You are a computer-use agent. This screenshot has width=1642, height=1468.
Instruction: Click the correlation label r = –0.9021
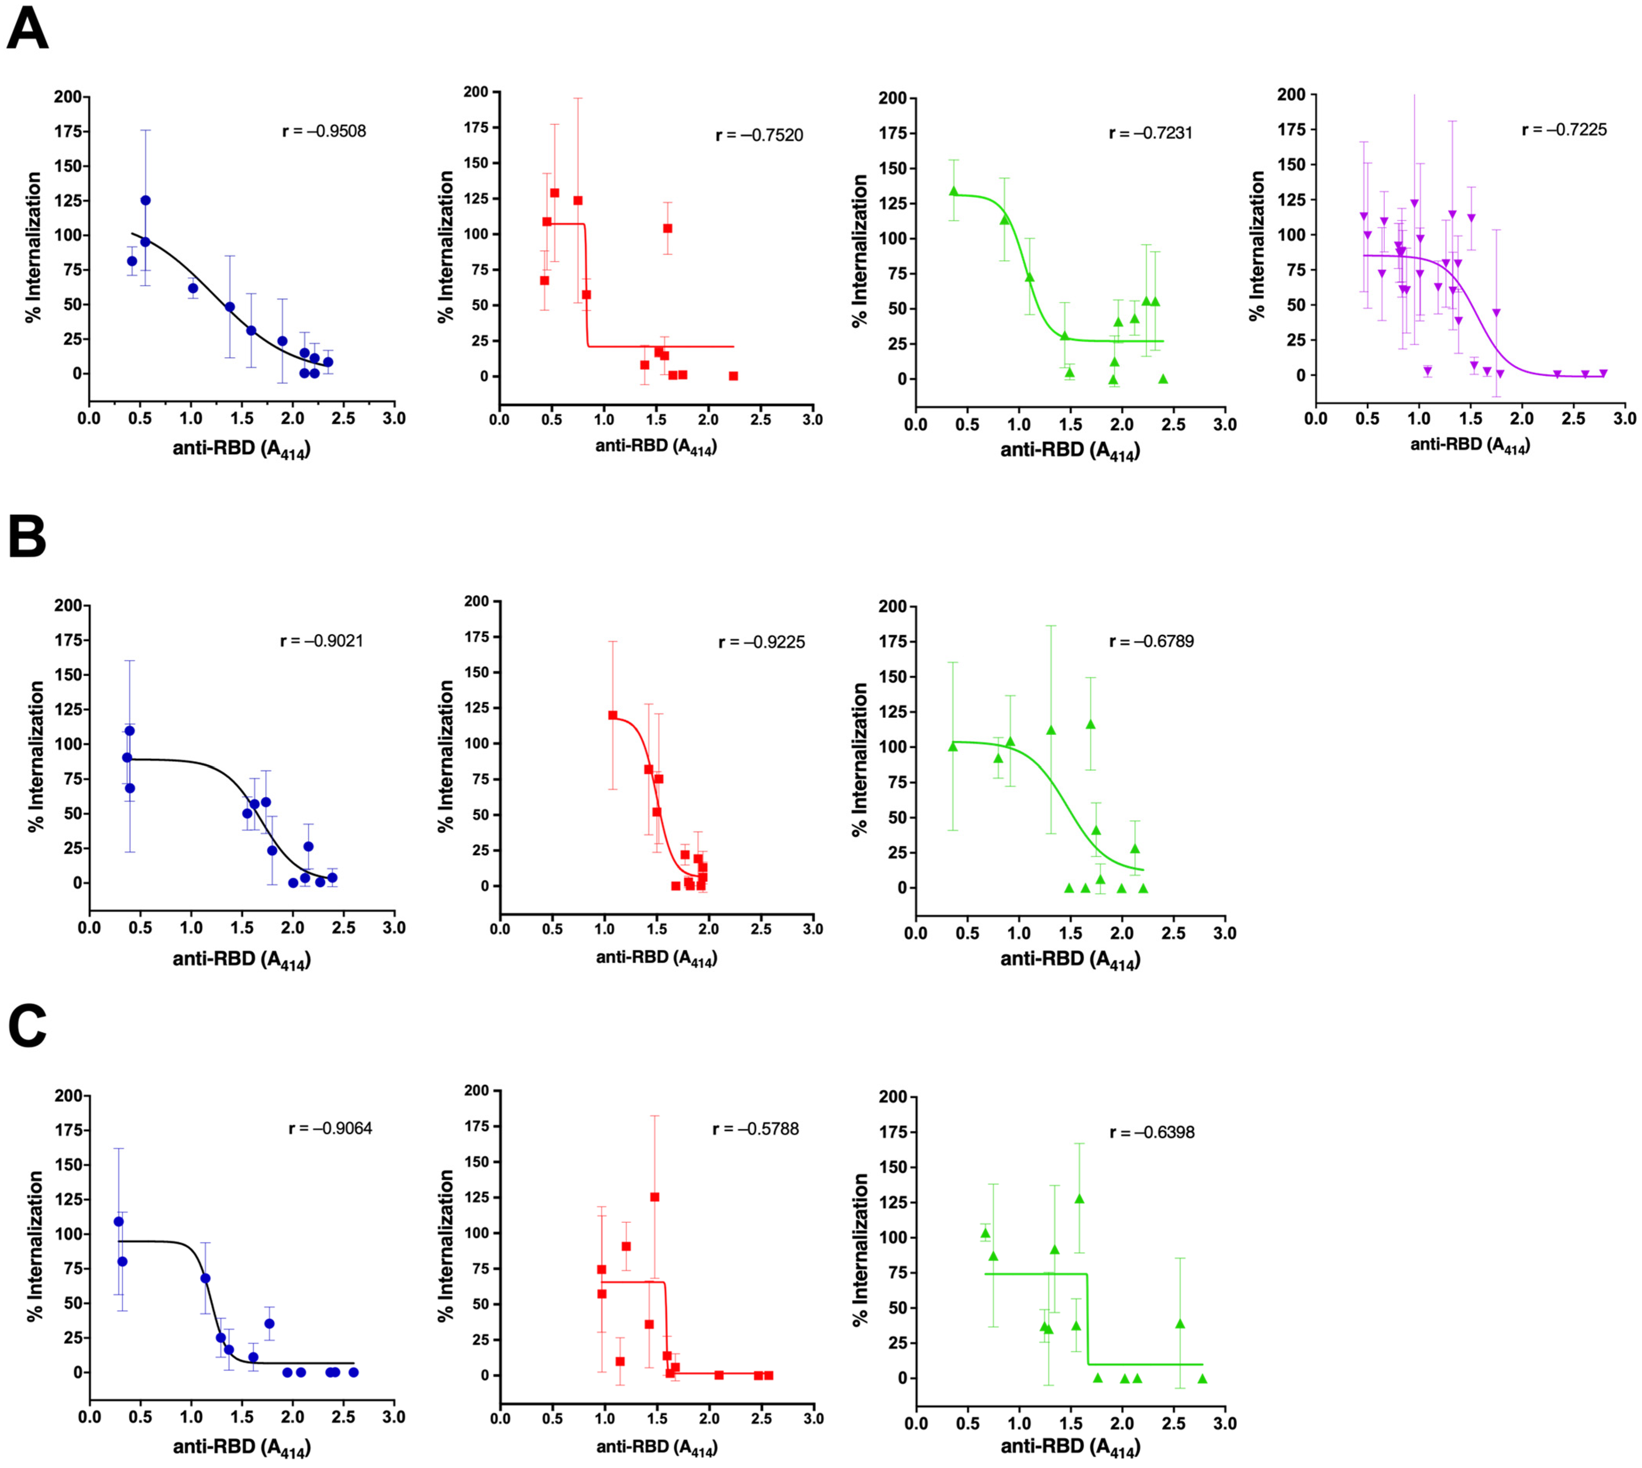(322, 641)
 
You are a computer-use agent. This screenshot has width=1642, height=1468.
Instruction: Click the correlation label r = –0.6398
(1151, 1132)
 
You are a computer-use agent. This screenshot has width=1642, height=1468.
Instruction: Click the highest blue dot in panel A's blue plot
(145, 200)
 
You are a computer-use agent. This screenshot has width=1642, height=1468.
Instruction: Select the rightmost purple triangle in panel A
(1602, 374)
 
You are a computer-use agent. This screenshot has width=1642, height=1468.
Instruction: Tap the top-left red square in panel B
(613, 715)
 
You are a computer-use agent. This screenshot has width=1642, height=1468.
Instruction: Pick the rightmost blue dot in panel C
(353, 1372)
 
